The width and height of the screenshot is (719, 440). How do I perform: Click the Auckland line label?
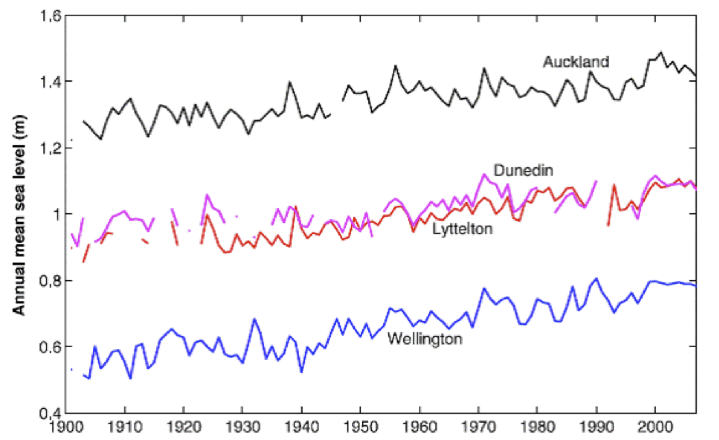[576, 62]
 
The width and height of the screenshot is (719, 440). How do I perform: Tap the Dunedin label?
[523, 171]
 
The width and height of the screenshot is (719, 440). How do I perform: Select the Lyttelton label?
[462, 229]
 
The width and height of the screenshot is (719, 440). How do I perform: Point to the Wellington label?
[425, 339]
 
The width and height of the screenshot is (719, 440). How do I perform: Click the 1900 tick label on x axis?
[65, 427]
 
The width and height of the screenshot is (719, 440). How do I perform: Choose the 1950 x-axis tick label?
[360, 427]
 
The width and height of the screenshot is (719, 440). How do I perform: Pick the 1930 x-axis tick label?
[242, 427]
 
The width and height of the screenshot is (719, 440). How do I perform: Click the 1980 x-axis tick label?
[537, 427]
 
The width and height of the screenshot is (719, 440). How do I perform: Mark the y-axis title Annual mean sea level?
[19, 214]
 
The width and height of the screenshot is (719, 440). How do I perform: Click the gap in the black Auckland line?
[337, 107]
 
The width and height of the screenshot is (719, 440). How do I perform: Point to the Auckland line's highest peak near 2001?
[661, 52]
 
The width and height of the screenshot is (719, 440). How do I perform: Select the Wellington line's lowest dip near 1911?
[130, 378]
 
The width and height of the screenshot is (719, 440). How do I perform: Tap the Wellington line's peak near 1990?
[596, 279]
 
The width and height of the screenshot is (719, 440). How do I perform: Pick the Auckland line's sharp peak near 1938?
[290, 82]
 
